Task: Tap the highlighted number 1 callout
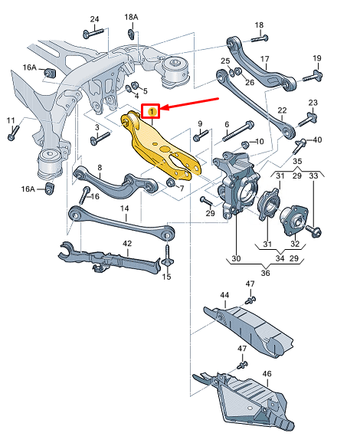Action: (152, 112)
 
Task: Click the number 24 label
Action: (94, 18)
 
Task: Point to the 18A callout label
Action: (132, 17)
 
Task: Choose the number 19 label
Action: (316, 59)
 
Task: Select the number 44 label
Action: (224, 295)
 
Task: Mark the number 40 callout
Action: (317, 139)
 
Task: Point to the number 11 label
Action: (11, 120)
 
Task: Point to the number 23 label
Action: (313, 103)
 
